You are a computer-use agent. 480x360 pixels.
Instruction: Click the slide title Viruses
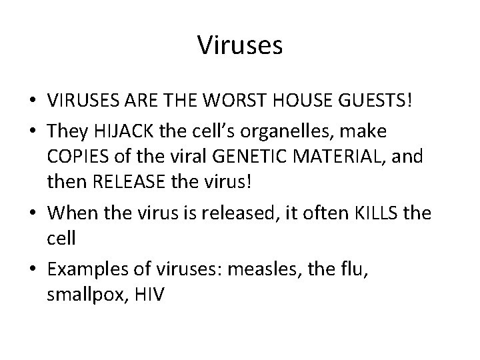240,46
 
